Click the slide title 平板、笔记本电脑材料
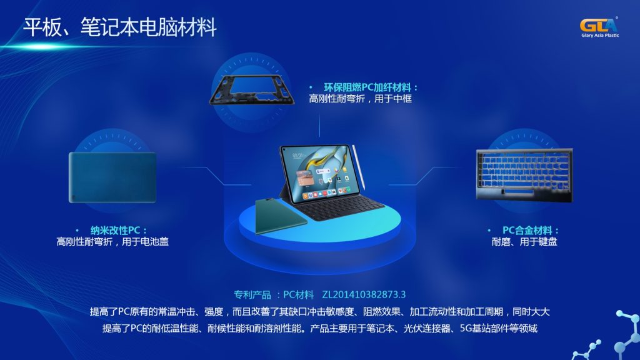coord(120,27)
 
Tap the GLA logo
coord(598,25)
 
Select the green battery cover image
coord(112,177)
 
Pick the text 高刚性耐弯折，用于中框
coord(361,99)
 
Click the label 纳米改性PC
coord(116,230)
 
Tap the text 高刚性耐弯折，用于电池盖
coord(112,241)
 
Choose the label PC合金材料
coord(531,230)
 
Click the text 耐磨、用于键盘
coord(524,241)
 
